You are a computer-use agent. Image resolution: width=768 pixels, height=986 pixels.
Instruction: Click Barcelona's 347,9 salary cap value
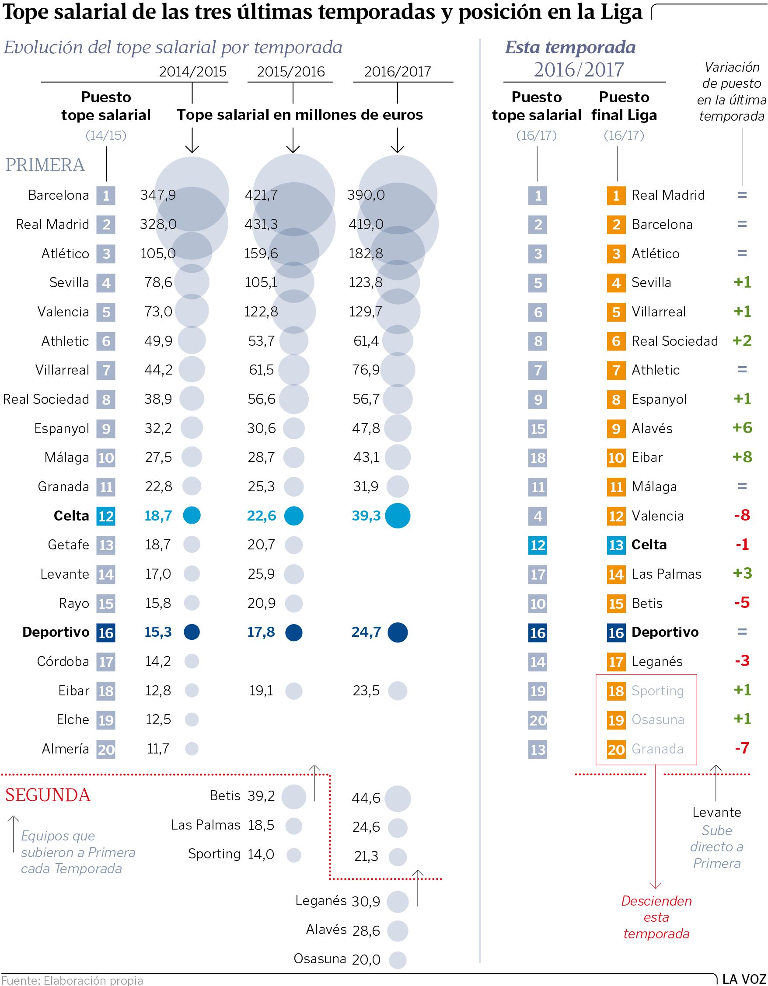tap(157, 195)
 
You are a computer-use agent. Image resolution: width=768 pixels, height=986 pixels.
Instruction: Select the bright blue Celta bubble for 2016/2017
tap(398, 516)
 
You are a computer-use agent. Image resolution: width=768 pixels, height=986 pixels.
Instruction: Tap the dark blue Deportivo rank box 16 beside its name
tap(106, 632)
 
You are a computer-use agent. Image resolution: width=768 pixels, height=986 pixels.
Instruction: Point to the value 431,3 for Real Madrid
tap(261, 224)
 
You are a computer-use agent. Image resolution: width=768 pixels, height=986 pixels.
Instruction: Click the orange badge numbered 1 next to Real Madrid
tap(616, 195)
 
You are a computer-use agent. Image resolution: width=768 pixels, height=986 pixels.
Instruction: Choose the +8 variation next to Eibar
tap(742, 457)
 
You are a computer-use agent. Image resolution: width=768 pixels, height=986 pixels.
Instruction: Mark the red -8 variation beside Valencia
tap(742, 515)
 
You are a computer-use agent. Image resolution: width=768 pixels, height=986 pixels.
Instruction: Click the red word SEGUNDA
tap(48, 795)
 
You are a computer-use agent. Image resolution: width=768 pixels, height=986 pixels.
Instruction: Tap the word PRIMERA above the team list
tap(45, 165)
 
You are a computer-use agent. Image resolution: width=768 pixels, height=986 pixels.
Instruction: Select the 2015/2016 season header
tap(290, 71)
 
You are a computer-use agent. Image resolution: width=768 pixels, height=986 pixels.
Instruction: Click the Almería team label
tap(66, 749)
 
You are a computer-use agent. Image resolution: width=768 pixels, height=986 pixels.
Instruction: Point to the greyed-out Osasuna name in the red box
tap(657, 720)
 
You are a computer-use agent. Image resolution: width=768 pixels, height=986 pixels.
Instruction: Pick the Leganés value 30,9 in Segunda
tap(366, 902)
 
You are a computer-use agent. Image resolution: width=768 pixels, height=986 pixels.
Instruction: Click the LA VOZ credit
tap(744, 980)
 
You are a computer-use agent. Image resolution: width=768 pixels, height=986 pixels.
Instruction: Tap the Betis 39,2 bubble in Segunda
tap(293, 796)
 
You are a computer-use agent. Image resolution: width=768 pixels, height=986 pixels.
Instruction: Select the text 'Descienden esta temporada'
tap(656, 917)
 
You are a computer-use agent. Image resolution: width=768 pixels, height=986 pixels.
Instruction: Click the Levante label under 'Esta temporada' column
tap(716, 812)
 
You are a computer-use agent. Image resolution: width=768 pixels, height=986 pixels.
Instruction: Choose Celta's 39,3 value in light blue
tap(366, 516)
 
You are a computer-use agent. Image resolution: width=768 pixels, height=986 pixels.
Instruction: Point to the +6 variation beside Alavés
tap(742, 427)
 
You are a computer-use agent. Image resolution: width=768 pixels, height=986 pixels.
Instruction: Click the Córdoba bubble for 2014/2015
tap(192, 661)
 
